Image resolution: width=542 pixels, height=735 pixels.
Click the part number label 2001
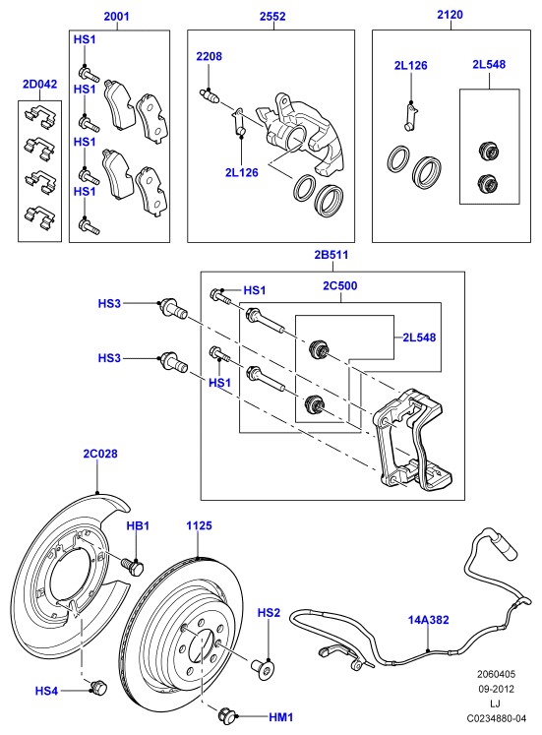(x=116, y=17)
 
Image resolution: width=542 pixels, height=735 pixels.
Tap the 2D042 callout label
(x=39, y=84)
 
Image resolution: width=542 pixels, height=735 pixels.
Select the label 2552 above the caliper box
(x=272, y=17)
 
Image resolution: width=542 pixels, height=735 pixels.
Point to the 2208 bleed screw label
(x=209, y=56)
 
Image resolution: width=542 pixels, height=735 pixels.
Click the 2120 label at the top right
(x=451, y=15)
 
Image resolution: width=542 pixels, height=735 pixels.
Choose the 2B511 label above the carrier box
(x=331, y=255)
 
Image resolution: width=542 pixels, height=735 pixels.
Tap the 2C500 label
(x=340, y=286)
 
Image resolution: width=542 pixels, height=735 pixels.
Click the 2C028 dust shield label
(x=100, y=454)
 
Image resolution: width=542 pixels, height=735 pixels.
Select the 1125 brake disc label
(x=199, y=525)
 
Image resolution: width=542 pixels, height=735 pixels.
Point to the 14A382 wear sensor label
(x=428, y=620)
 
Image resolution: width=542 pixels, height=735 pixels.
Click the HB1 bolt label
(x=138, y=526)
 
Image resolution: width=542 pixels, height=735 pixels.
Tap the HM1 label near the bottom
(x=281, y=717)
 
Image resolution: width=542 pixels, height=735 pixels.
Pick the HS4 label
(x=46, y=691)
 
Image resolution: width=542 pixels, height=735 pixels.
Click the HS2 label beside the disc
(x=269, y=613)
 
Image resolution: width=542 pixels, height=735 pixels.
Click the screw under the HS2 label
(x=263, y=666)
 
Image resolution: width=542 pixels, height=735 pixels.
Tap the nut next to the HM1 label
(x=227, y=715)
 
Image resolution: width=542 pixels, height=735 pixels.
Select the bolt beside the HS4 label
(x=98, y=687)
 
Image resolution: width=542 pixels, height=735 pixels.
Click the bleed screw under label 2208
(x=210, y=95)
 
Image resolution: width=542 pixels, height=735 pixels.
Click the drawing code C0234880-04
(x=496, y=718)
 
